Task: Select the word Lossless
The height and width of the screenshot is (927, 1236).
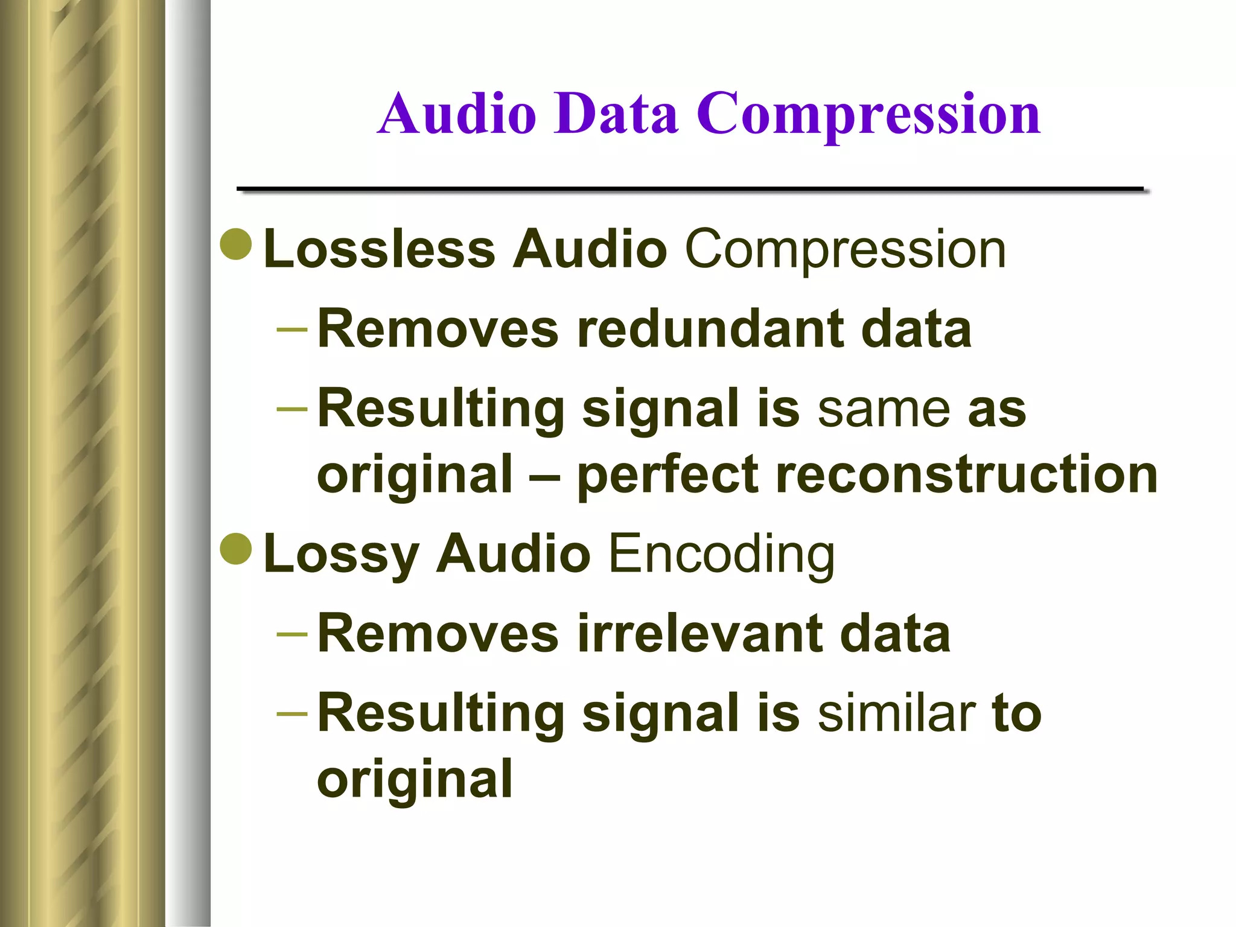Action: [380, 249]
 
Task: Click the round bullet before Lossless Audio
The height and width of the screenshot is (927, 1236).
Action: [236, 244]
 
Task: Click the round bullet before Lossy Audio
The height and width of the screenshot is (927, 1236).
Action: [236, 549]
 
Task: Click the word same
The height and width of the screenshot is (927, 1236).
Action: [884, 410]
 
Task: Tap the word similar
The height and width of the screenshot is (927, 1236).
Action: [896, 713]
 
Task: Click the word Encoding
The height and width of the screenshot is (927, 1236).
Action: [721, 554]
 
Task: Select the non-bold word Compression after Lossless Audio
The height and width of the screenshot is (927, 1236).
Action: [845, 249]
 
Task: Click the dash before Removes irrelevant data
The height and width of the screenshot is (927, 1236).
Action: [291, 634]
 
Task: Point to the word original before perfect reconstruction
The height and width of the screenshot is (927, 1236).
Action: [415, 476]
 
